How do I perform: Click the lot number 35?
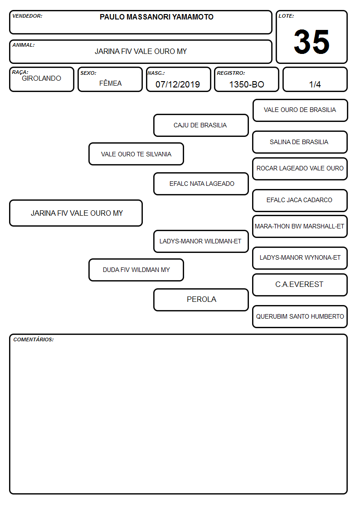(311, 42)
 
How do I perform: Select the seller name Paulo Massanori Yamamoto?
(156, 17)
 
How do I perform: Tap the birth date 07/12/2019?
(178, 84)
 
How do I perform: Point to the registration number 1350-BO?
(247, 84)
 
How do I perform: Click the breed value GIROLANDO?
(41, 78)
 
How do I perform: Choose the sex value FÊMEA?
(110, 83)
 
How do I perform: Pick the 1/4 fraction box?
(315, 79)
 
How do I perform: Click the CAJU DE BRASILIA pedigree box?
(201, 125)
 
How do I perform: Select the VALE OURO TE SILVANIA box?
(136, 154)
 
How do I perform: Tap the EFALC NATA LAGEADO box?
(201, 184)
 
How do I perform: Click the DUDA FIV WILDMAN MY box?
(136, 270)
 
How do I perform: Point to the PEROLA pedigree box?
(201, 300)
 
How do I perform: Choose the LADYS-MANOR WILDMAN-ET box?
(201, 241)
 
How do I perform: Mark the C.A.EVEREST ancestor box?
(300, 285)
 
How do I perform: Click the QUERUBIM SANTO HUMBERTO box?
(300, 316)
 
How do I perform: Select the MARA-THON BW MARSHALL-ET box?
(300, 226)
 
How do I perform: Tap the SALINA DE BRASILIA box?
(300, 142)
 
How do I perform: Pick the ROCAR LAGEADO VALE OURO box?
(300, 169)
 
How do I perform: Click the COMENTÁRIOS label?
(34, 339)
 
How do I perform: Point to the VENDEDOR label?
(27, 16)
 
